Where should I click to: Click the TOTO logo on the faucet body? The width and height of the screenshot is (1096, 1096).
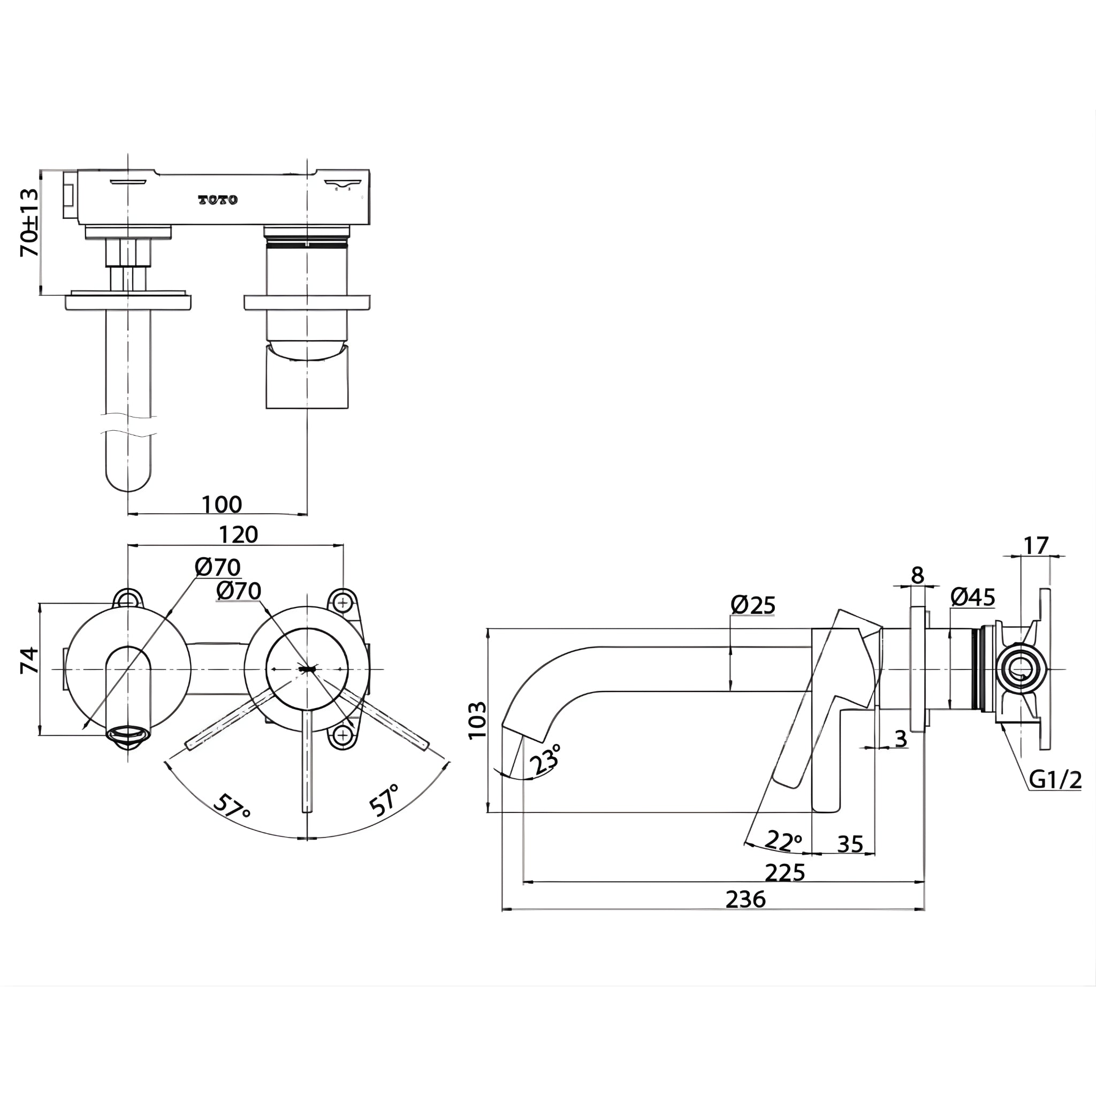click(x=218, y=200)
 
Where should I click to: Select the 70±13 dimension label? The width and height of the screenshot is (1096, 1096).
click(x=29, y=223)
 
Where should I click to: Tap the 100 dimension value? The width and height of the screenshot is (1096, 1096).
click(x=222, y=504)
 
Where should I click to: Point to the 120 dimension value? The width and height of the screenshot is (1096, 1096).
click(x=238, y=535)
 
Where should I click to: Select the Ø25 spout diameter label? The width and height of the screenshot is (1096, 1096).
click(x=753, y=605)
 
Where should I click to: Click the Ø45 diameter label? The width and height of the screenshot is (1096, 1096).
click(x=972, y=597)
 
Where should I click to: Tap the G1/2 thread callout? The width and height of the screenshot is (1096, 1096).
click(x=1055, y=780)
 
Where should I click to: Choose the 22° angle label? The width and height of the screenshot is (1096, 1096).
click(x=785, y=840)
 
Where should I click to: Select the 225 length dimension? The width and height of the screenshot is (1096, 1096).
click(x=785, y=872)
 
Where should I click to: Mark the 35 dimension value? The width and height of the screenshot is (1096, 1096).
click(x=850, y=844)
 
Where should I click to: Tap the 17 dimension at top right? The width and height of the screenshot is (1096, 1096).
click(x=1036, y=546)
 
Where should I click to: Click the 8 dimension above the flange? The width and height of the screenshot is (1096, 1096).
click(x=917, y=575)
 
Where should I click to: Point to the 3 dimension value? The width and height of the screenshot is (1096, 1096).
click(x=900, y=739)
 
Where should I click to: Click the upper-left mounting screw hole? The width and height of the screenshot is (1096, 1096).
click(x=128, y=598)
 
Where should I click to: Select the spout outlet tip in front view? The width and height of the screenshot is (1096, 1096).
click(x=128, y=735)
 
